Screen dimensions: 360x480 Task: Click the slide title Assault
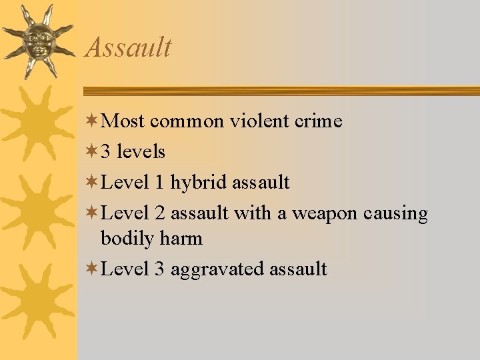pyautogui.click(x=129, y=48)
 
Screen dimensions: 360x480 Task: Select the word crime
pyautogui.click(x=319, y=121)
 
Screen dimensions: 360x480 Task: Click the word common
pyautogui.click(x=187, y=121)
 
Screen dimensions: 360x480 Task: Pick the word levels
pyautogui.click(x=141, y=152)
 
